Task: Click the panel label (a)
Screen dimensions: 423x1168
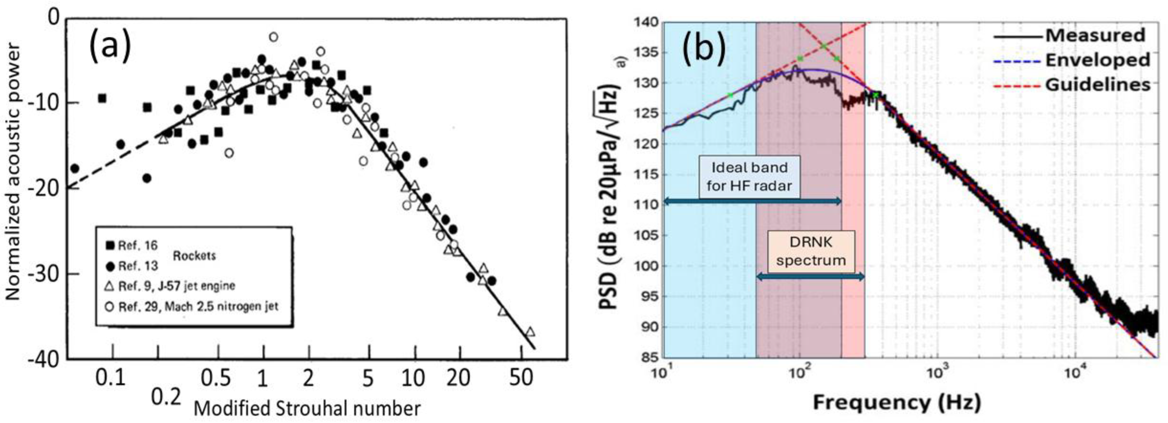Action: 110,47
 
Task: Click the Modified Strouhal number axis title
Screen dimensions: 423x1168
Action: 307,408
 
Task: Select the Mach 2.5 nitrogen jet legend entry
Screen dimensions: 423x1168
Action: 198,306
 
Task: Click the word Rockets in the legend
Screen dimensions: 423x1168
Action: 194,256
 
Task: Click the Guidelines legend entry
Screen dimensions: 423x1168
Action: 1097,85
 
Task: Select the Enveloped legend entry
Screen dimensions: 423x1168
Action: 1097,60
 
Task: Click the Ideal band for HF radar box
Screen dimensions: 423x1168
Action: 749,176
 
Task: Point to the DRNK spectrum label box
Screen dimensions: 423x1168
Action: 811,251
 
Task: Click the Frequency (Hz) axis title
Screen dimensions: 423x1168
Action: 896,402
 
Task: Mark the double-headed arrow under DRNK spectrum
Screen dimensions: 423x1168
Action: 811,277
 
